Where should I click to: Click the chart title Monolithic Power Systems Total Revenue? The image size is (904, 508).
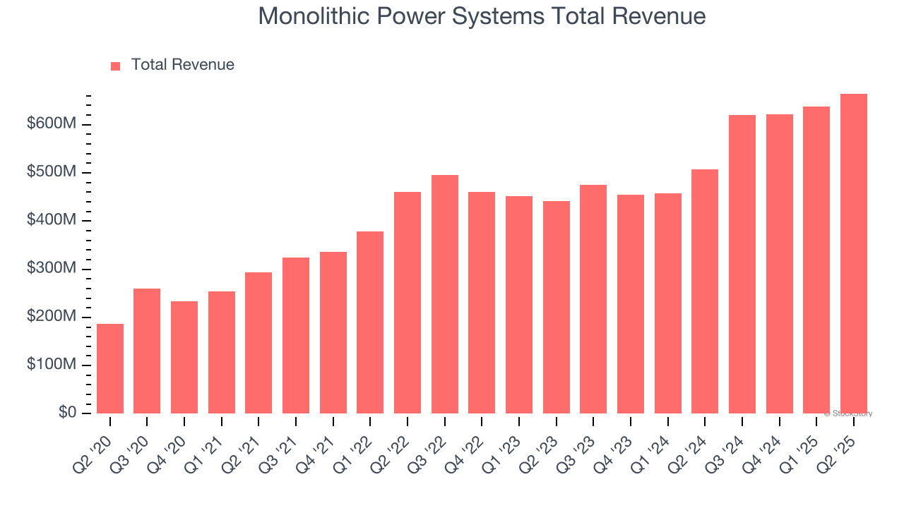pos(482,16)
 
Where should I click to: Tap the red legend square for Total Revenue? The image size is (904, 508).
pos(116,66)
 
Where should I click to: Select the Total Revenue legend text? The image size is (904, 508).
pos(182,65)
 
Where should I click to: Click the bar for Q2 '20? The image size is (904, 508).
pos(110,368)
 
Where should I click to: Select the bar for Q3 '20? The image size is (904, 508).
pos(147,351)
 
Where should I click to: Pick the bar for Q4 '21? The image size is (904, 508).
pos(333,332)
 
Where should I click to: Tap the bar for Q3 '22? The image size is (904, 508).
pos(445,294)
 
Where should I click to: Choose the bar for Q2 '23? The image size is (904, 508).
pos(557,307)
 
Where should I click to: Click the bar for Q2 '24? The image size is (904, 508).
pos(705,291)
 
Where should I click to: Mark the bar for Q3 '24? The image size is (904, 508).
pos(742,264)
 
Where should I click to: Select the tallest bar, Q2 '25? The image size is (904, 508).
pos(854,253)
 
